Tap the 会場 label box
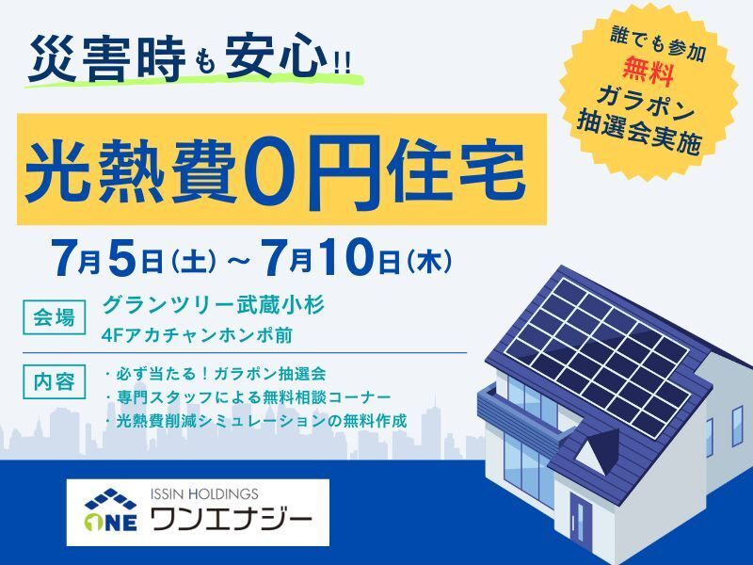point(55,317)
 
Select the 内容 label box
point(55,382)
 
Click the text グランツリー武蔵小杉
point(215,305)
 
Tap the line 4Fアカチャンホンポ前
point(197,335)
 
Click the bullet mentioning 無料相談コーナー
point(248,396)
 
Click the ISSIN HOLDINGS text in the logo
point(204,493)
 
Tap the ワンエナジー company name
point(232,519)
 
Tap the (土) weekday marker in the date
point(194,263)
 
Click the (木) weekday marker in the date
point(428,263)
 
